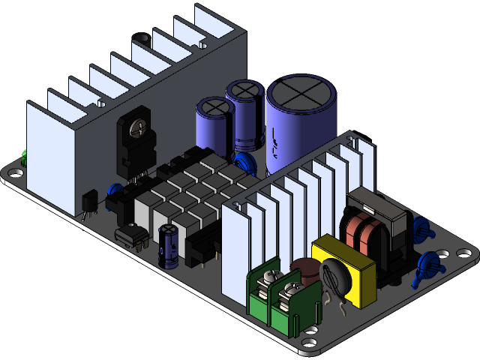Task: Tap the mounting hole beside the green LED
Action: click(16, 173)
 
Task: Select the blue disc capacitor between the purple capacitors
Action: click(241, 164)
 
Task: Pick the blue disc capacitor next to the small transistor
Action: click(115, 192)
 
